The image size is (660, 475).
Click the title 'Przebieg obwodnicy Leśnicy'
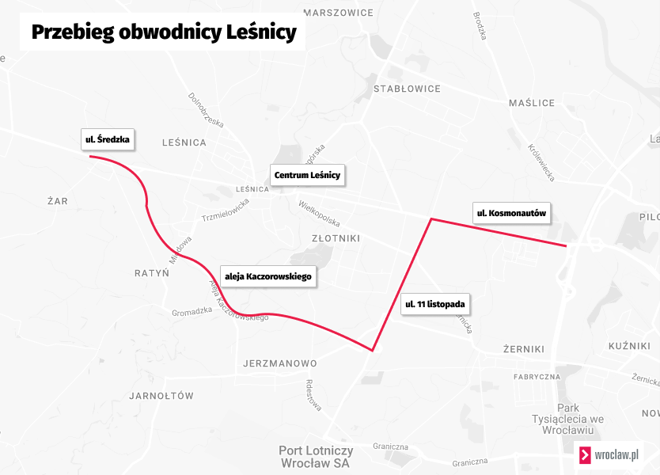(x=163, y=32)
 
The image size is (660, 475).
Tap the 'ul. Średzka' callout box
(x=107, y=140)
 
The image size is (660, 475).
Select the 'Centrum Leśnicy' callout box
(x=307, y=175)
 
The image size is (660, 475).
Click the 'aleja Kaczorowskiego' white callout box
(x=270, y=276)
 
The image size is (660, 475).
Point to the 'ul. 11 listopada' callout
(x=434, y=304)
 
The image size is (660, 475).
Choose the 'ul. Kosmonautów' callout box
(x=511, y=213)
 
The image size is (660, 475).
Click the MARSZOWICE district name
(x=338, y=13)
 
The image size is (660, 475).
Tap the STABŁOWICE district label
(x=407, y=89)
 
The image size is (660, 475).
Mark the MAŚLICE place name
(x=532, y=103)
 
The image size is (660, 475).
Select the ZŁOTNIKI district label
(x=336, y=237)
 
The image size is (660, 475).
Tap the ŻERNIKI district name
(x=524, y=348)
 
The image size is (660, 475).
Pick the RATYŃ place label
(x=152, y=273)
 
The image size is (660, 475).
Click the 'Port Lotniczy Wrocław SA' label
(x=315, y=457)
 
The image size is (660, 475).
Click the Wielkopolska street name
(x=319, y=212)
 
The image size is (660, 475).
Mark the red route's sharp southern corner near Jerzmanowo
(x=373, y=350)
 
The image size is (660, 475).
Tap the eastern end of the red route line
(x=566, y=246)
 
